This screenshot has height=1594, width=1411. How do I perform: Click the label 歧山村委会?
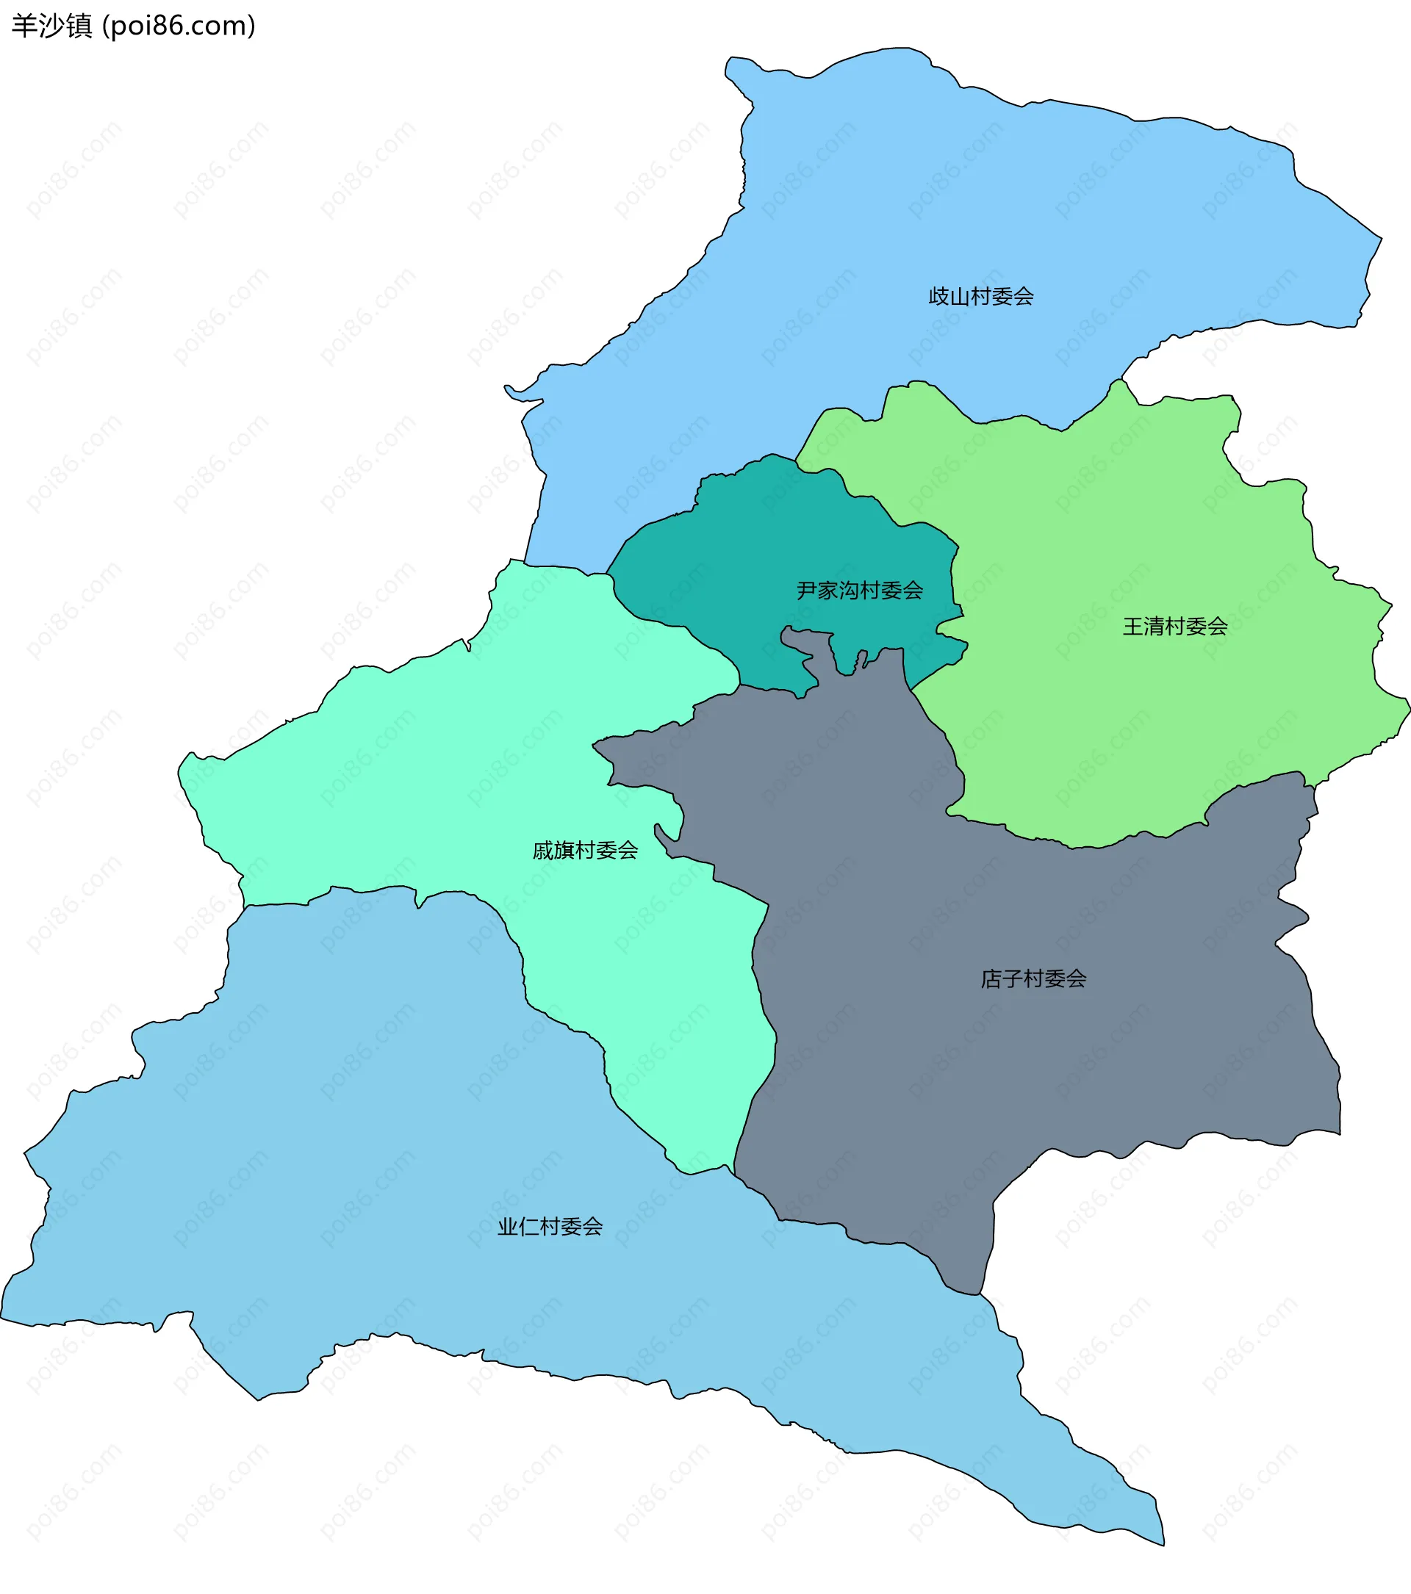click(x=980, y=296)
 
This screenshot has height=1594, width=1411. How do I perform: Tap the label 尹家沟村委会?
click(x=860, y=591)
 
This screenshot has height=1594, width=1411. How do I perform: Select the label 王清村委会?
click(x=1174, y=626)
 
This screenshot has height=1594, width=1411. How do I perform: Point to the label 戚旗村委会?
click(x=585, y=850)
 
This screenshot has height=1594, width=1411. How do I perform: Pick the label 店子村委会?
click(x=1033, y=978)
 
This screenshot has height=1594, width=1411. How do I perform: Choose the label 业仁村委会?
click(x=550, y=1227)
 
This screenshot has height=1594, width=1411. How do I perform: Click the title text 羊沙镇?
click(x=51, y=26)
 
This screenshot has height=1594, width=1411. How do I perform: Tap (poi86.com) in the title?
click(x=179, y=26)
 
